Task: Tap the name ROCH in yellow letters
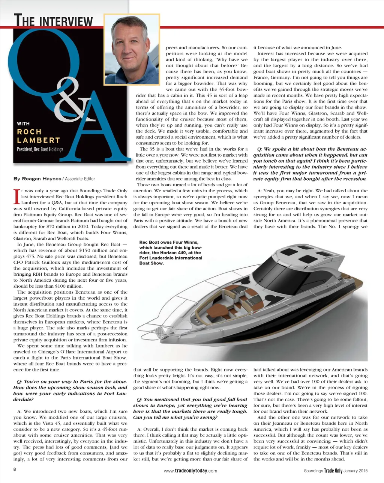click(29, 132)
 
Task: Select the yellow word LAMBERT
click(38, 140)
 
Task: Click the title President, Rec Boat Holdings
click(40, 149)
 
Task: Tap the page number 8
click(15, 470)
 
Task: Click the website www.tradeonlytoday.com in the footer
click(190, 471)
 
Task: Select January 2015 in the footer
click(355, 471)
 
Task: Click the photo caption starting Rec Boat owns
click(170, 253)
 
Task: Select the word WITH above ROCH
click(23, 124)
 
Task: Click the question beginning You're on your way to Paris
click(70, 390)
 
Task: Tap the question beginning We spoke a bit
click(310, 164)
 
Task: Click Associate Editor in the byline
click(80, 179)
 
